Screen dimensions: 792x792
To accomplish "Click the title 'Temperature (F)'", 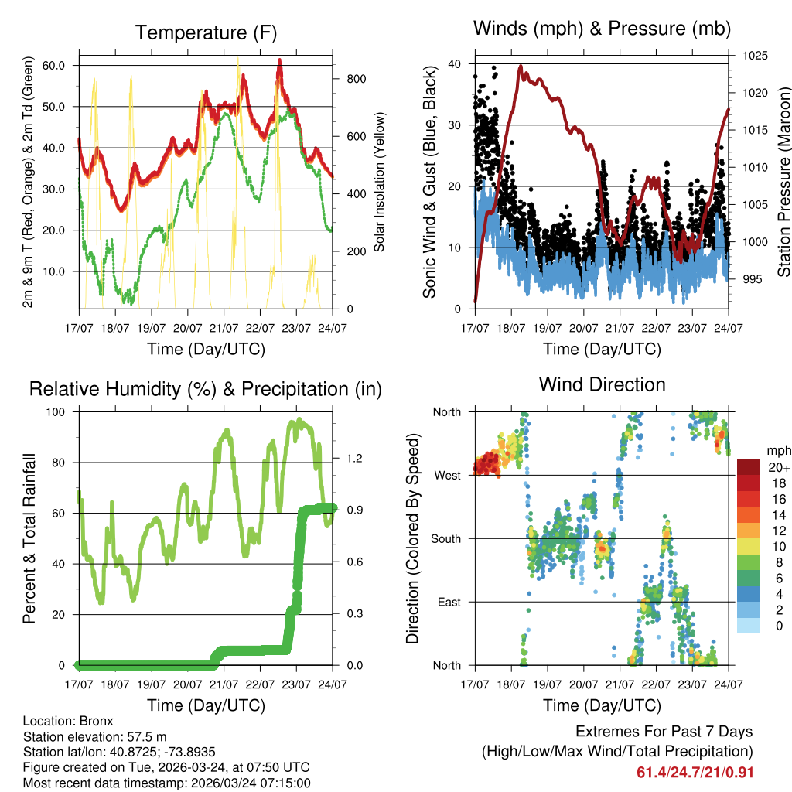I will [205, 32].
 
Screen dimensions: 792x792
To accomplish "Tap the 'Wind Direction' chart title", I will [602, 384].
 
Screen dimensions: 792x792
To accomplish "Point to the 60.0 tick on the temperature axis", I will [53, 66].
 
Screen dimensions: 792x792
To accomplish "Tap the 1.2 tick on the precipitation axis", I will [354, 459].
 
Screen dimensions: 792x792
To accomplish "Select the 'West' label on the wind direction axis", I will [446, 475].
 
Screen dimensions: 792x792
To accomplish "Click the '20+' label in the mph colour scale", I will [778, 468].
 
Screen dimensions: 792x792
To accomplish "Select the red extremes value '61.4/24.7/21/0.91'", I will [695, 773].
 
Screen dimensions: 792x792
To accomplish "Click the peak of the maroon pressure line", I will [521, 67].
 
